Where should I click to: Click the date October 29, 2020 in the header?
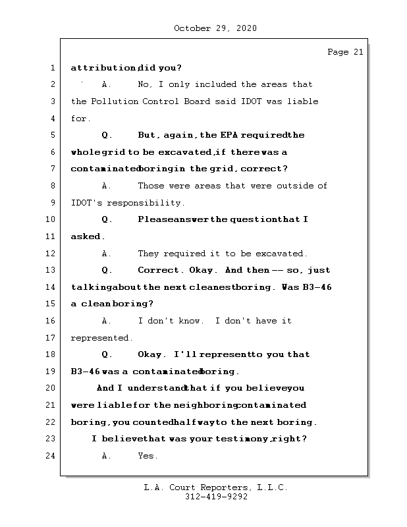point(215,28)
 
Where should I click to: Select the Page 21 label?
point(345,53)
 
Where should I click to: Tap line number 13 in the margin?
point(52,270)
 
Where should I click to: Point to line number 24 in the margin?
point(52,456)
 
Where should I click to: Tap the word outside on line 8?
point(290,186)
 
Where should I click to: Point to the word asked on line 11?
point(86,236)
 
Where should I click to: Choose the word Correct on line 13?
point(158,270)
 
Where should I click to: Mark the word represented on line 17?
point(101,338)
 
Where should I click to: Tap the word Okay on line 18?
point(151,354)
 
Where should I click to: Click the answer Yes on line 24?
point(147,456)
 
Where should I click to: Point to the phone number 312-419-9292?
point(216,497)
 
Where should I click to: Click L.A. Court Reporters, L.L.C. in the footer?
point(216,488)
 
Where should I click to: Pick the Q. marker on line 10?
point(108,219)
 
